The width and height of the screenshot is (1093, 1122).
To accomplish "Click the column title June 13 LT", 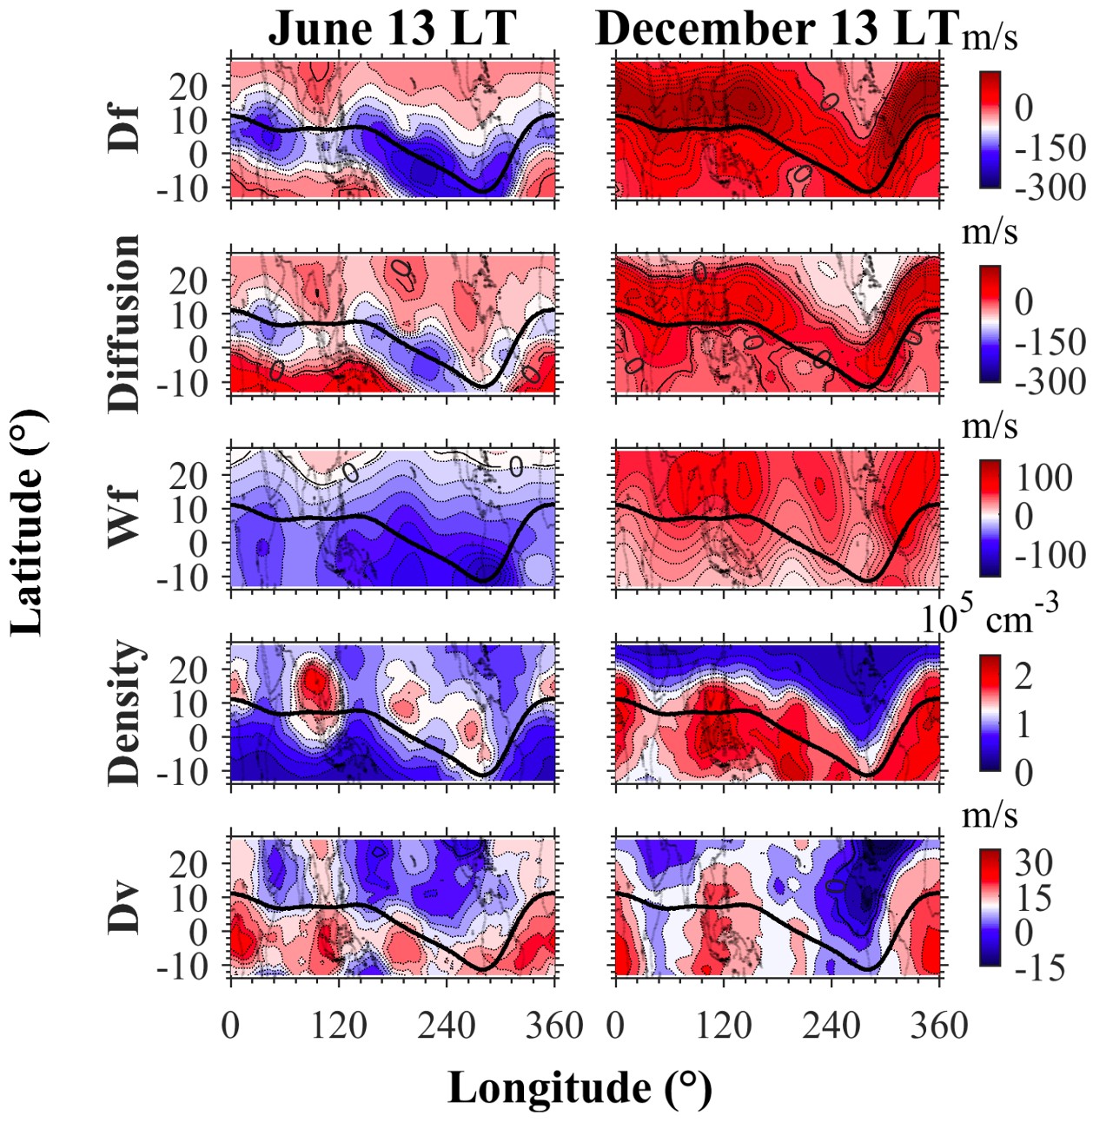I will pyautogui.click(x=393, y=29).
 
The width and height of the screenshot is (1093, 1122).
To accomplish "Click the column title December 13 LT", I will pyautogui.click(x=777, y=29).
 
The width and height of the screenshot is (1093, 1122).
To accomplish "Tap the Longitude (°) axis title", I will pyautogui.click(x=580, y=1087).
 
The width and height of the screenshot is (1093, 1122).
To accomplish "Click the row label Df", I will pyautogui.click(x=124, y=129).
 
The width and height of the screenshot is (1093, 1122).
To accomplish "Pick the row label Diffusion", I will pyautogui.click(x=124, y=323).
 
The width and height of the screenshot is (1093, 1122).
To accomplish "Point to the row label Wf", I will pyautogui.click(x=124, y=518).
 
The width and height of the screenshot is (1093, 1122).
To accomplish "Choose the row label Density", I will pyautogui.click(x=124, y=713).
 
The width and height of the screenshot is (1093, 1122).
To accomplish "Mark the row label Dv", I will pyautogui.click(x=124, y=908).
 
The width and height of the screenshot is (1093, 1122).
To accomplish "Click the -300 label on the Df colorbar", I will pyautogui.click(x=1050, y=187).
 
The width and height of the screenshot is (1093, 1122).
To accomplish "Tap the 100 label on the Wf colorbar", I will pyautogui.click(x=1043, y=477).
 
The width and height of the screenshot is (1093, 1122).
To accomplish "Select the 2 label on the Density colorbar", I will pyautogui.click(x=1024, y=675).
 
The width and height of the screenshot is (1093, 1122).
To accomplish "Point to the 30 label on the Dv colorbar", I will pyautogui.click(x=1034, y=862).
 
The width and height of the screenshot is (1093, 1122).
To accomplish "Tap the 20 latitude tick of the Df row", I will pyautogui.click(x=189, y=86).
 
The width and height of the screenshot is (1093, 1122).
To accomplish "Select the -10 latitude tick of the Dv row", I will pyautogui.click(x=182, y=966).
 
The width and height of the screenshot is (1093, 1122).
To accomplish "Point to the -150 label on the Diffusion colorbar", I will pyautogui.click(x=1050, y=342).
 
